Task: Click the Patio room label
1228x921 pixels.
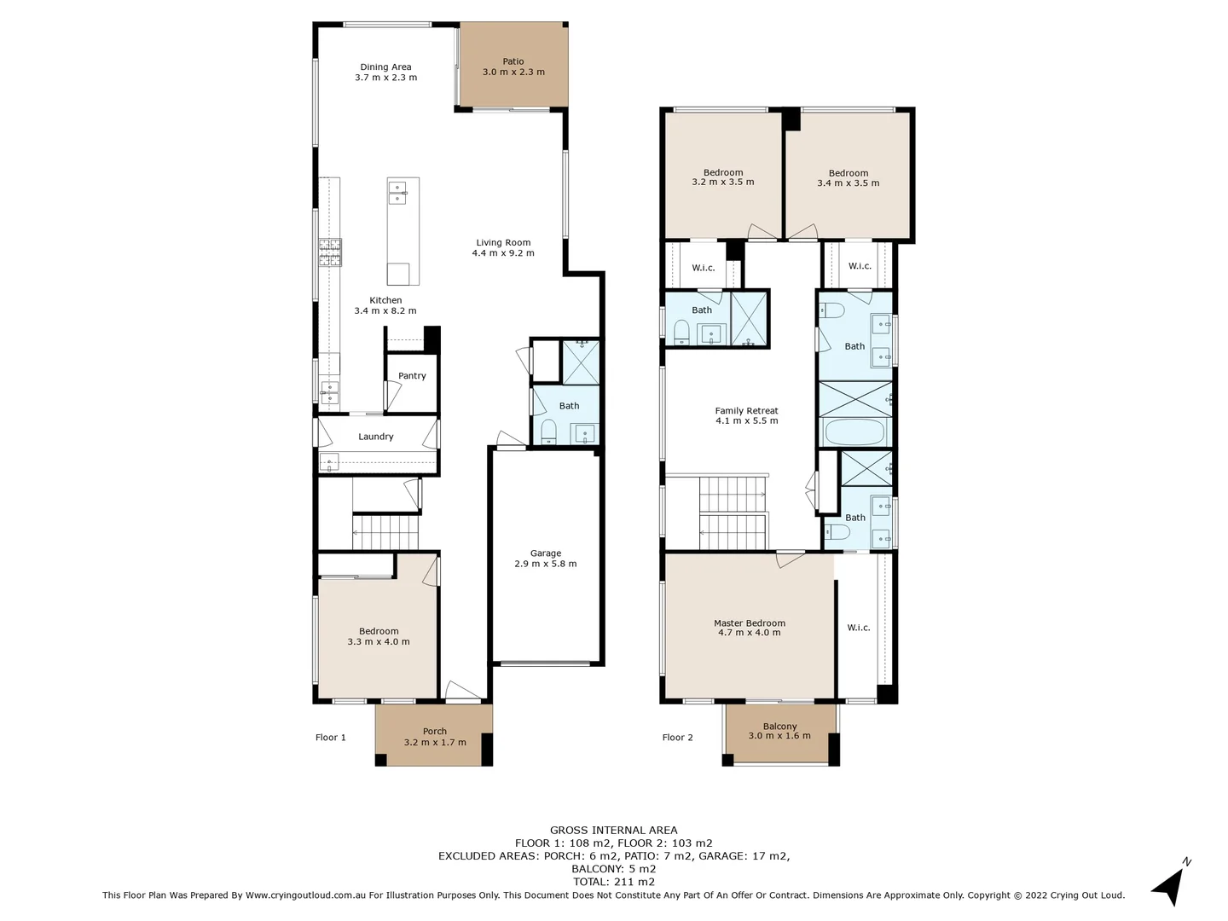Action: [513, 61]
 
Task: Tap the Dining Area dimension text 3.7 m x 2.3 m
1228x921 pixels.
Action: [385, 78]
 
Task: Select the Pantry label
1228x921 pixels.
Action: [412, 376]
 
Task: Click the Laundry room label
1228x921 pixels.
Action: [375, 437]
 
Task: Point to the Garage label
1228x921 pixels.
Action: [546, 553]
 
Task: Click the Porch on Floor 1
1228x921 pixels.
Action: [435, 736]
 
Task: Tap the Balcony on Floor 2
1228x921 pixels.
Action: [779, 731]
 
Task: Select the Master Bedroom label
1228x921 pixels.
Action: [750, 623]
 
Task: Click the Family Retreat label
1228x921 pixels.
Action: [746, 411]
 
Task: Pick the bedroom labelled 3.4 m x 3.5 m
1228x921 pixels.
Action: [848, 177]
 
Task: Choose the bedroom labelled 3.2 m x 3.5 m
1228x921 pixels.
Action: [722, 177]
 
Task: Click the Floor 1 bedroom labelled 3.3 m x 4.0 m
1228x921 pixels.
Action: [378, 636]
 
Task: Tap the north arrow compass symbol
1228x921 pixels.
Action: [1170, 885]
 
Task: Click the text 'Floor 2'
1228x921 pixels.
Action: [678, 738]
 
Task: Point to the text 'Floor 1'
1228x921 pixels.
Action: [331, 738]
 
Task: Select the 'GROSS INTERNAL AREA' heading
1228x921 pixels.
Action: [613, 830]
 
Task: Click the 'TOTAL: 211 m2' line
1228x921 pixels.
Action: [613, 882]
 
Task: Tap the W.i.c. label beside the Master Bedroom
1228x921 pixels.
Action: [859, 628]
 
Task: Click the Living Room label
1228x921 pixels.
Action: [503, 243]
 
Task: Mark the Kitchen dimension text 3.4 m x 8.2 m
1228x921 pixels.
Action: [385, 311]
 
